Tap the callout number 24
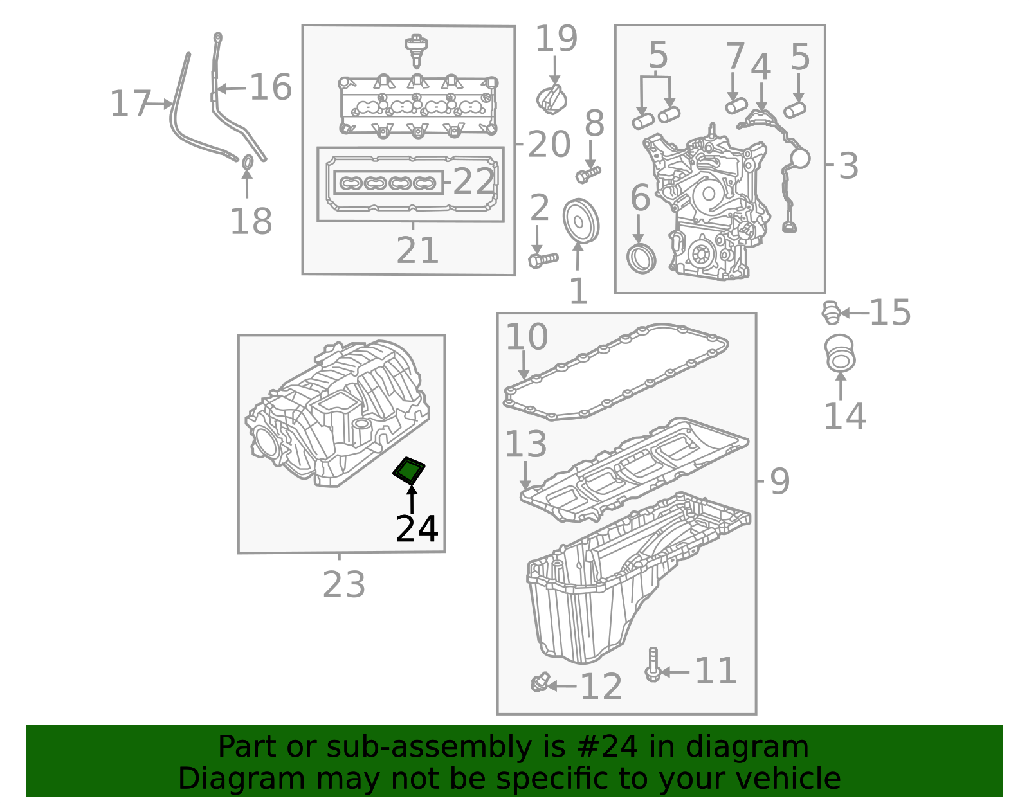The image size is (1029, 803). click(x=416, y=528)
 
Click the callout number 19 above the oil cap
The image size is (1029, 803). click(x=556, y=39)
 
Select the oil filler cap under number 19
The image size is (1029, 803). click(x=551, y=100)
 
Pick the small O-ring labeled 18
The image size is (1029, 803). click(x=248, y=162)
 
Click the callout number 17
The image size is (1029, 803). click(x=130, y=104)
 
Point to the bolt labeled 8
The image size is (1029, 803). click(x=588, y=175)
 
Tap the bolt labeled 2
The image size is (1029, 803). click(x=543, y=260)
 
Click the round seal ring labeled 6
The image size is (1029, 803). click(x=641, y=258)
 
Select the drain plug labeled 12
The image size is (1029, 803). click(x=540, y=682)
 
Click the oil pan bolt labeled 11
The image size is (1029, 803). click(x=653, y=665)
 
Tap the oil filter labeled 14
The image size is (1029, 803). click(x=839, y=354)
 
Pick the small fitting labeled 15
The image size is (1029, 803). click(x=831, y=312)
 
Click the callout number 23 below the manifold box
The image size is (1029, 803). click(x=344, y=584)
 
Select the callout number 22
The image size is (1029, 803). click(x=473, y=181)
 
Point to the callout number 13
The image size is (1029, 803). click(x=525, y=444)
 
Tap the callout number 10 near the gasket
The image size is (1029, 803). click(x=527, y=337)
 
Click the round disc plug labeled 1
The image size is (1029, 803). click(x=581, y=221)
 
